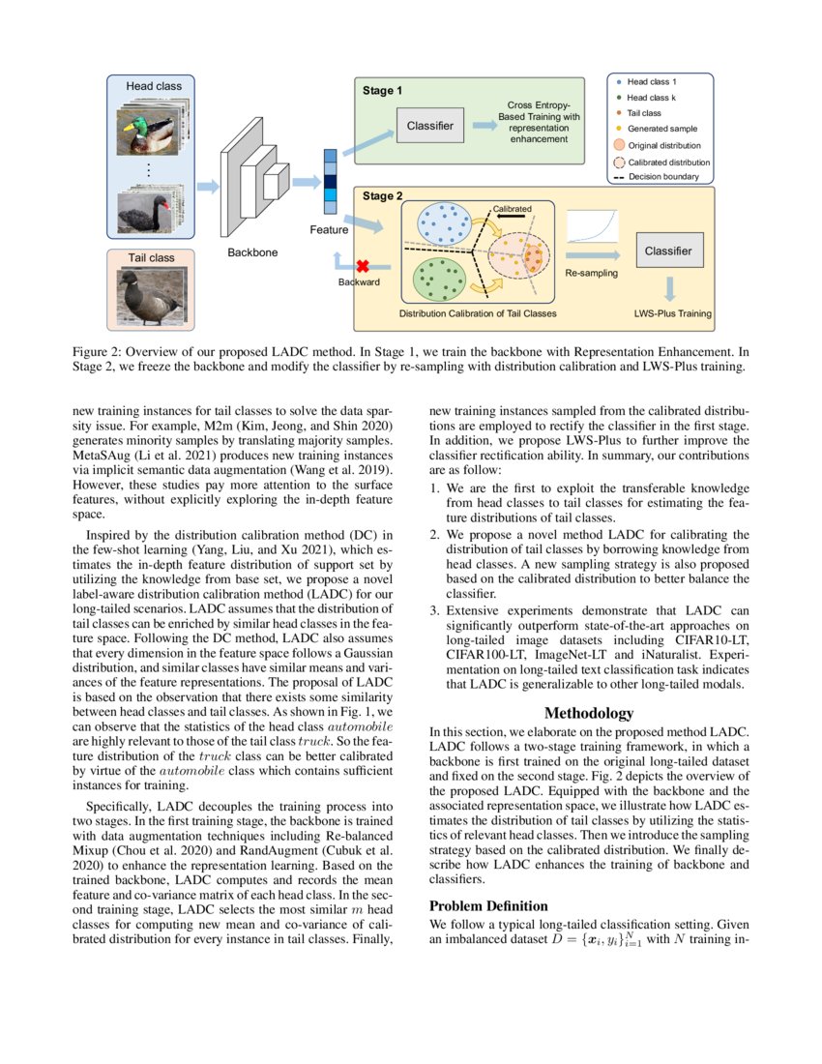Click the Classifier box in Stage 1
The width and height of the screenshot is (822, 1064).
coord(430,126)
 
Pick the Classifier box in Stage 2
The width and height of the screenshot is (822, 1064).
coord(667,251)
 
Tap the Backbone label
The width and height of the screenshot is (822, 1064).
coord(251,252)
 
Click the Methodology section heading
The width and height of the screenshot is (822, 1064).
coord(589,713)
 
